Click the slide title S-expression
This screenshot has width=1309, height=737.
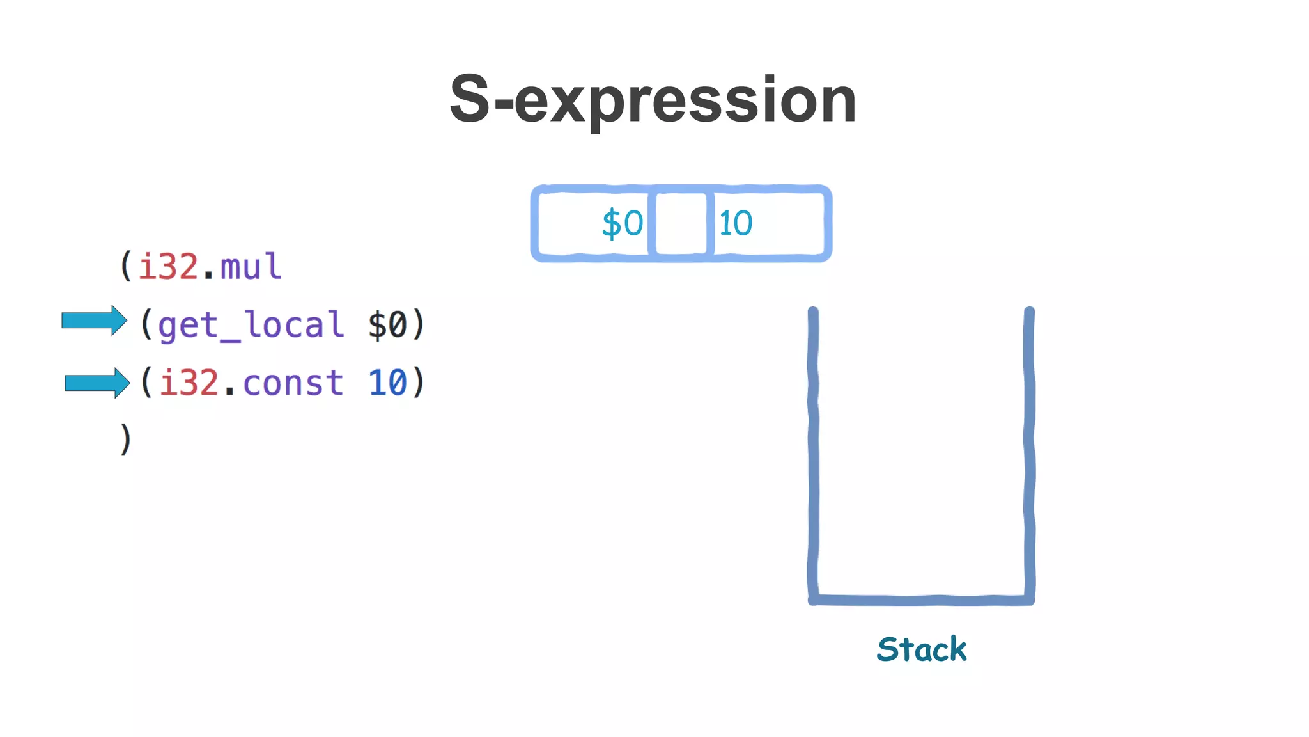pyautogui.click(x=653, y=100)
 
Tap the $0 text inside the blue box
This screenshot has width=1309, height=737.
pyautogui.click(x=622, y=223)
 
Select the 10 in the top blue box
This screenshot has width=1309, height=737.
pyautogui.click(x=736, y=223)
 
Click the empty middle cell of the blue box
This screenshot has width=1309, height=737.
pyautogui.click(x=681, y=223)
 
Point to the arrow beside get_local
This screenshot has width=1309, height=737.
pyautogui.click(x=94, y=321)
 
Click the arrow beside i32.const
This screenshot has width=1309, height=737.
pyautogui.click(x=97, y=383)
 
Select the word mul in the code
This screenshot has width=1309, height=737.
pyautogui.click(x=251, y=266)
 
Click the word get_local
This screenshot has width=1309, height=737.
pyautogui.click(x=251, y=325)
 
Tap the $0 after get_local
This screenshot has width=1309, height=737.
pyautogui.click(x=387, y=325)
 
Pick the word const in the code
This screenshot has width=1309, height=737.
pyautogui.click(x=293, y=383)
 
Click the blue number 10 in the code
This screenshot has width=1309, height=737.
pyautogui.click(x=387, y=383)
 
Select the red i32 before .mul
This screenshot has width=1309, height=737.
pyautogui.click(x=168, y=266)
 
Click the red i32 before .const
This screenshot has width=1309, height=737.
pyautogui.click(x=189, y=383)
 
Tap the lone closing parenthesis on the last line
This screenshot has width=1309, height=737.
pyautogui.click(x=126, y=439)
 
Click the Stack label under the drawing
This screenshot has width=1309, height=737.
pyautogui.click(x=921, y=649)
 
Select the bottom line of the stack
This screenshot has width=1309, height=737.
pyautogui.click(x=920, y=600)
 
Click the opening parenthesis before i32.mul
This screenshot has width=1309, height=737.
pyautogui.click(x=126, y=266)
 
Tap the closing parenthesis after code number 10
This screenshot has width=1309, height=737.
pyautogui.click(x=418, y=383)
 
